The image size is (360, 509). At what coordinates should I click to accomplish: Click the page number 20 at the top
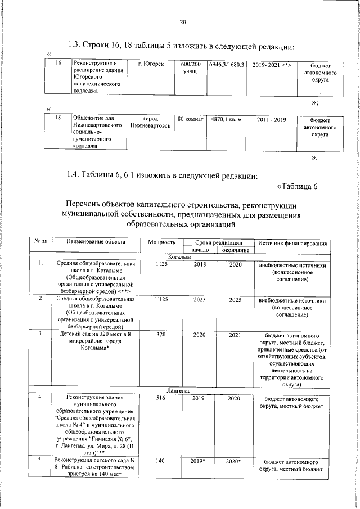pyautogui.click(x=182, y=22)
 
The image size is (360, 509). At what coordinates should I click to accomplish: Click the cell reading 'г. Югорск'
pyautogui.click(x=151, y=65)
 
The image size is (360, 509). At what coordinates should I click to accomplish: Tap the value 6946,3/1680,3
pyautogui.click(x=227, y=65)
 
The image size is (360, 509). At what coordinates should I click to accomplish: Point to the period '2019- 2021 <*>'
pyautogui.click(x=272, y=65)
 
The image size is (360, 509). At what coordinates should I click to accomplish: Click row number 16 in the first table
pyautogui.click(x=57, y=64)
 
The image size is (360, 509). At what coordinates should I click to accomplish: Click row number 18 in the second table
pyautogui.click(x=57, y=119)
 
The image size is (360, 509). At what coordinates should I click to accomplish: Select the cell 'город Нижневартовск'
pyautogui.click(x=150, y=123)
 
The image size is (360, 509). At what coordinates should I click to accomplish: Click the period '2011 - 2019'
pyautogui.click(x=272, y=120)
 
